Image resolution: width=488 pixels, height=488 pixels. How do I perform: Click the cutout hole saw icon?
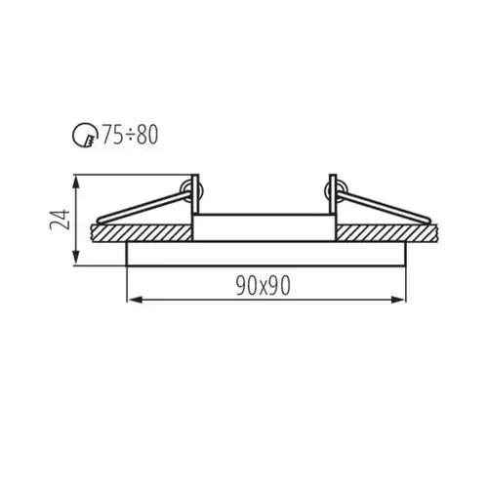click(85, 135)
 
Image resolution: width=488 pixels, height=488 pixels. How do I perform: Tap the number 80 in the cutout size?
click(147, 135)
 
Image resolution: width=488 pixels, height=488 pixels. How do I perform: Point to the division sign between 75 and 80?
click(130, 135)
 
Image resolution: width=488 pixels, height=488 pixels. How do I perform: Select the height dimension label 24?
click(60, 220)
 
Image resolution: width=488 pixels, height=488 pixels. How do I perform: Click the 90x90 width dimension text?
click(263, 285)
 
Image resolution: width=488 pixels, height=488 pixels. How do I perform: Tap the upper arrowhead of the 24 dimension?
click(76, 183)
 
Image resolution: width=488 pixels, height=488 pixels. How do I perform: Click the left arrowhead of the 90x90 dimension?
click(134, 300)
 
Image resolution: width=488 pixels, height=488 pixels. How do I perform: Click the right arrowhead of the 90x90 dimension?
click(398, 300)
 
